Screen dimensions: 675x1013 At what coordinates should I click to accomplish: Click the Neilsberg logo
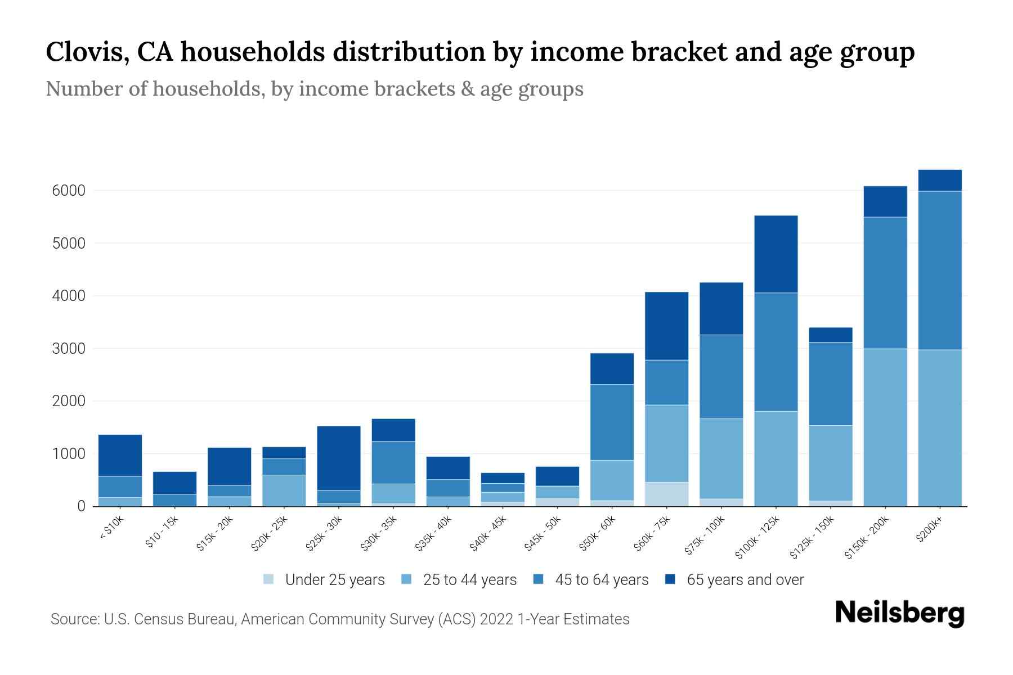[899, 613]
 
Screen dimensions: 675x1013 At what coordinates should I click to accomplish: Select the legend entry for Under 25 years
[335, 580]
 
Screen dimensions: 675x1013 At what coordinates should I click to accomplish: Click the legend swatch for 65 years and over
[670, 579]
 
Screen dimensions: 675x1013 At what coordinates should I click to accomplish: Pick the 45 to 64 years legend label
[602, 580]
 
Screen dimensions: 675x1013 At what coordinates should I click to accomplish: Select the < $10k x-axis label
[111, 529]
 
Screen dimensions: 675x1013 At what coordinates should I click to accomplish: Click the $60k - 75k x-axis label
[653, 534]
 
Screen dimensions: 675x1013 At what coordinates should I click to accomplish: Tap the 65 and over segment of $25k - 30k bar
[339, 458]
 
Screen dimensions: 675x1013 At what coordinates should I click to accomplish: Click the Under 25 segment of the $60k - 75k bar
[667, 494]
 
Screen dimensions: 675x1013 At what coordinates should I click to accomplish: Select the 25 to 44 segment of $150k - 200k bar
[885, 427]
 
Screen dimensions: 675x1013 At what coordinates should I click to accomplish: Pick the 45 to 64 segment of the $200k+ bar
[940, 270]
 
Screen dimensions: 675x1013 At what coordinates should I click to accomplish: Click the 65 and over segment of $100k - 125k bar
[776, 254]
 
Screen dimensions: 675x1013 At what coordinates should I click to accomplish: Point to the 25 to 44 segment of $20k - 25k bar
[284, 490]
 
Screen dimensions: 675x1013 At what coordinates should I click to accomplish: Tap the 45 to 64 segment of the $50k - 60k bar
[612, 422]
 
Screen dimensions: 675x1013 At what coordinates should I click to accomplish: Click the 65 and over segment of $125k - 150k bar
[831, 335]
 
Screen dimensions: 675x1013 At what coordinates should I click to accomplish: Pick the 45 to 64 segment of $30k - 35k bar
[393, 462]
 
